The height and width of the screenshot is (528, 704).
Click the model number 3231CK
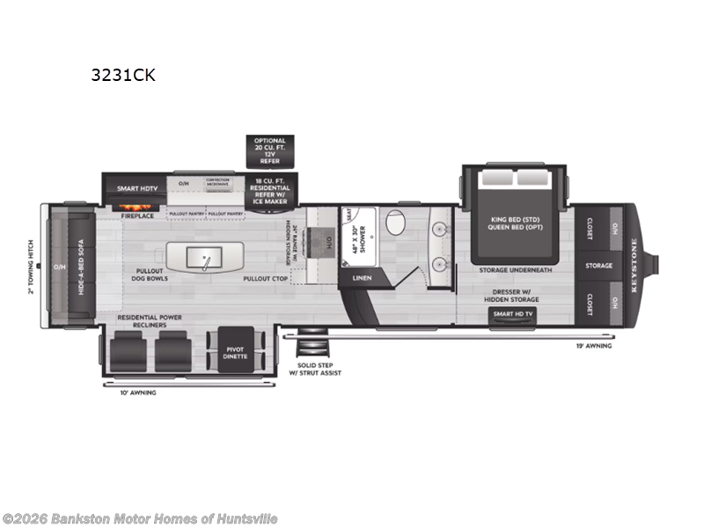[x=122, y=75]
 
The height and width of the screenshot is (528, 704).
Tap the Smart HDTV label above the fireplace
[x=138, y=188]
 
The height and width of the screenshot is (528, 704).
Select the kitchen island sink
[x=205, y=258]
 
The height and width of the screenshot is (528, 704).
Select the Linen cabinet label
[x=363, y=278]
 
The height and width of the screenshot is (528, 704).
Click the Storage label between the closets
[x=598, y=265]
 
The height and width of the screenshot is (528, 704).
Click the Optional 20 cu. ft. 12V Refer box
[x=270, y=150]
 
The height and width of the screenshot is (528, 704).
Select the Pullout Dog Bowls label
[x=151, y=275]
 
